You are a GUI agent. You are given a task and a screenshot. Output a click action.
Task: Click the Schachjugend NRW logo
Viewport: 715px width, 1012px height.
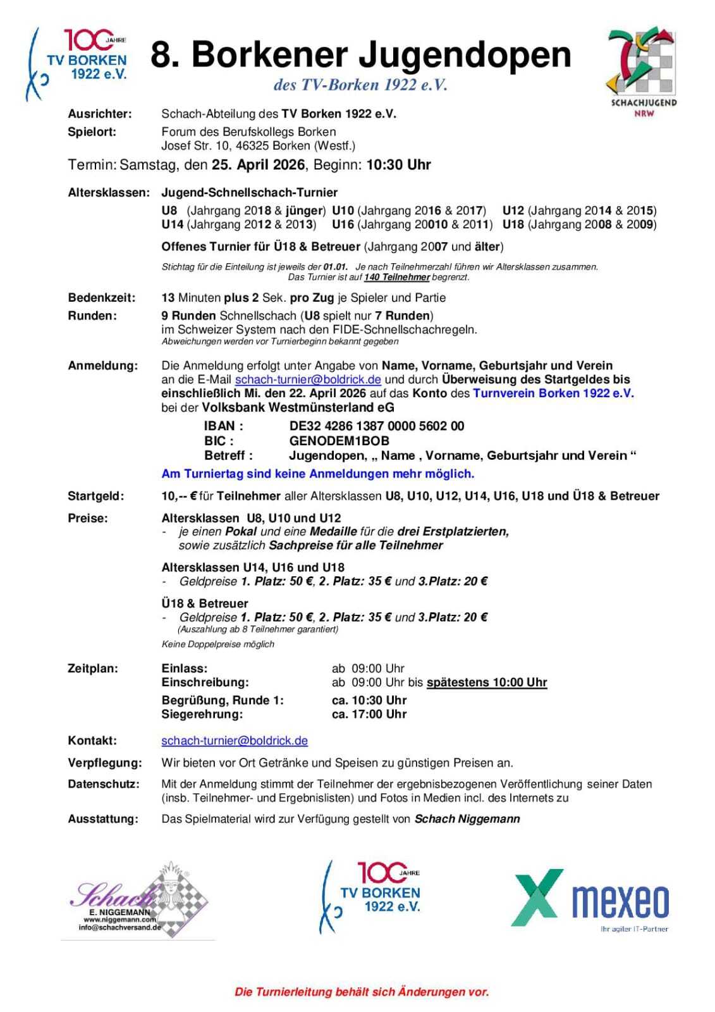pos(642,71)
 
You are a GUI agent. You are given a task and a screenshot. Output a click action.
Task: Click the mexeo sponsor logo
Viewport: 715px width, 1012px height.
pos(590,900)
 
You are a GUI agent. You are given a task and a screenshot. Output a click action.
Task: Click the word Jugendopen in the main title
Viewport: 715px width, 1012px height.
pos(465,55)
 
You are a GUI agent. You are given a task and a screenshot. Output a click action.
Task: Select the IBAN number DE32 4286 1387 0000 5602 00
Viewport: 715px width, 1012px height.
pos(377,426)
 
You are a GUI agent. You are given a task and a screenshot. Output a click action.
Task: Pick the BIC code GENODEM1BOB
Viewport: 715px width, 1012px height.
pos(339,441)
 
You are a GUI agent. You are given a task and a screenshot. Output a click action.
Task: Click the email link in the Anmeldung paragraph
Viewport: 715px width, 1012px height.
pos(308,379)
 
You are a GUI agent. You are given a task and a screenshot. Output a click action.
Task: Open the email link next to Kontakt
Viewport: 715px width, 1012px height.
pos(235,741)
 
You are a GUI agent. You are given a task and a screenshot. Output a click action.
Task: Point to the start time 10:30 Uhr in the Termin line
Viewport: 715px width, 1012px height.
pos(398,165)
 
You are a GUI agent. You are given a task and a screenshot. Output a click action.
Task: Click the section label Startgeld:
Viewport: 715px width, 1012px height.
pos(96,497)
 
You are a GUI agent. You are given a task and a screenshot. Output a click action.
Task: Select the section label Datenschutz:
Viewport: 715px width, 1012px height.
pos(104,784)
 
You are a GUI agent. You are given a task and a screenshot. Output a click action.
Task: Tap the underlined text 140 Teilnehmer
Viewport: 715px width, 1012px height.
pos(397,277)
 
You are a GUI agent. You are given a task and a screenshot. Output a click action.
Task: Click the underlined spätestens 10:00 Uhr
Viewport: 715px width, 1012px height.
pos(487,682)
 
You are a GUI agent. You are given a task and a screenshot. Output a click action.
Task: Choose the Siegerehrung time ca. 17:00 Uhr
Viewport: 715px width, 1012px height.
pos(369,714)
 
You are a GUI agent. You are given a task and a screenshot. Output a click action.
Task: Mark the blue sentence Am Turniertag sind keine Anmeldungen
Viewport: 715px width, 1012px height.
pos(318,474)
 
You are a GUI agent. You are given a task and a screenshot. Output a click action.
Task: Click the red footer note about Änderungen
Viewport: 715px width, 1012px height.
pos(362,992)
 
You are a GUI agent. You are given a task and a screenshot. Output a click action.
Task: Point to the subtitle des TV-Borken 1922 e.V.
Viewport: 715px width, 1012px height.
pos(360,85)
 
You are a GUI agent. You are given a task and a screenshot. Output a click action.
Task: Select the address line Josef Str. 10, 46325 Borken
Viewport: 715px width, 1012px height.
pos(258,146)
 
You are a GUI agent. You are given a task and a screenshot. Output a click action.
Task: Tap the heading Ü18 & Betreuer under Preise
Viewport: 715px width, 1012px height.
pos(205,603)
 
